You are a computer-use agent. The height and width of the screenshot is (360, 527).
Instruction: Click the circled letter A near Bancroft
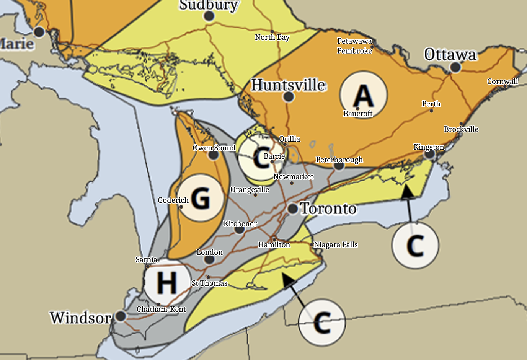(364, 95)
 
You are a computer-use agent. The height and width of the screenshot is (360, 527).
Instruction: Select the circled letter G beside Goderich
(201, 198)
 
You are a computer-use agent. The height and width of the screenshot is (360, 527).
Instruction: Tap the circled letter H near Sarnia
(167, 282)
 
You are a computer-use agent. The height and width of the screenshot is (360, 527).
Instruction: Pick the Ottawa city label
(450, 55)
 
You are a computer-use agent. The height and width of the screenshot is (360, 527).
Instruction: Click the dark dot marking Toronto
(293, 209)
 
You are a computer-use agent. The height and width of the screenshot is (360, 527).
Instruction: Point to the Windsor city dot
(121, 316)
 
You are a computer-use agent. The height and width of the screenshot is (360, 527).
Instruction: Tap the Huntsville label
(288, 85)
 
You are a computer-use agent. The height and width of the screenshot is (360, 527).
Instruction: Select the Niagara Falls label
(336, 244)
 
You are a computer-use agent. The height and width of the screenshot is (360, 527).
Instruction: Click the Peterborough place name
(339, 160)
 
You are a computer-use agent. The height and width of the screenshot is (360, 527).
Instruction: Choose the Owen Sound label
(214, 148)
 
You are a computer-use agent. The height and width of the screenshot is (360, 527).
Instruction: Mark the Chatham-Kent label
(161, 309)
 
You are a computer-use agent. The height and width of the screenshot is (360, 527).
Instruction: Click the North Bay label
(272, 37)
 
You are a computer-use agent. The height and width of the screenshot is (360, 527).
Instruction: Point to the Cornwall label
(502, 81)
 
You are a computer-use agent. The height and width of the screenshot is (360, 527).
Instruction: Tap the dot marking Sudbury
(209, 16)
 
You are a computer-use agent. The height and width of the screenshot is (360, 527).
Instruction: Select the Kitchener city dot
(239, 230)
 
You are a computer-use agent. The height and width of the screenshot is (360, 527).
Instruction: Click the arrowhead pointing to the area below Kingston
(407, 191)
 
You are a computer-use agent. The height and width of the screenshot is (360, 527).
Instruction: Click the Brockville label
(461, 129)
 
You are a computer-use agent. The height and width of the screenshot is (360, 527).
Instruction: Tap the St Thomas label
(209, 283)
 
